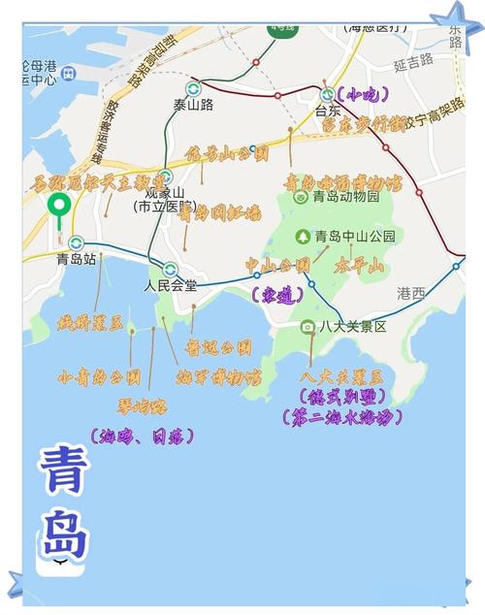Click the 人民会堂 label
[170, 286]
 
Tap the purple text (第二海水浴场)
[344, 418]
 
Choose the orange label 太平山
[362, 263]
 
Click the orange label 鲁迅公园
[220, 346]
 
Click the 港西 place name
[411, 292]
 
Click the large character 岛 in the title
[65, 531]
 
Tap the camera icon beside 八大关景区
[307, 327]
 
